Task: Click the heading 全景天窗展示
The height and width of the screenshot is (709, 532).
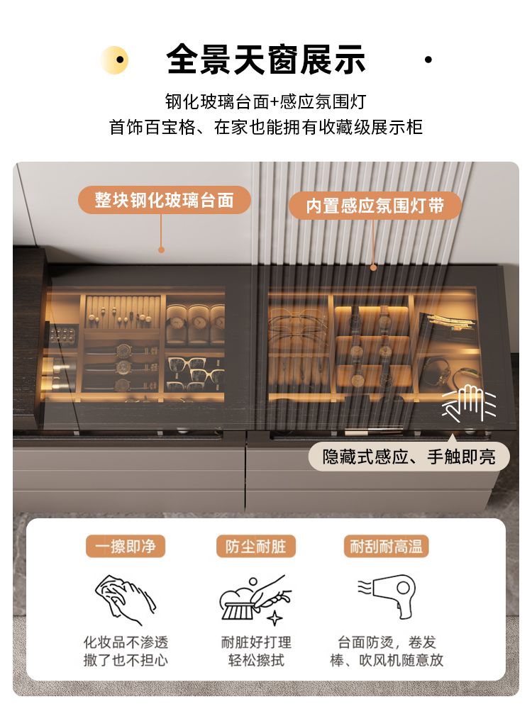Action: click(265, 60)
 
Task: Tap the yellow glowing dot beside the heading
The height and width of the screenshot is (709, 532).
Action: click(115, 60)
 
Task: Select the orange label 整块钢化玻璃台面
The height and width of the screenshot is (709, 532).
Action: click(165, 200)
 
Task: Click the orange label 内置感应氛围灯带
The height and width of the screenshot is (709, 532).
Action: click(375, 206)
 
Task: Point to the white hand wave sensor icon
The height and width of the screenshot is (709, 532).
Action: click(469, 403)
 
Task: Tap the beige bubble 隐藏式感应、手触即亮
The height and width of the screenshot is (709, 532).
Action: click(409, 457)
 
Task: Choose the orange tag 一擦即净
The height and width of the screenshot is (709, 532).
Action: click(126, 546)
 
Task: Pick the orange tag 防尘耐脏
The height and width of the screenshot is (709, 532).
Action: click(255, 546)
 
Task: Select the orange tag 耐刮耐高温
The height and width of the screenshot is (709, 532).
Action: click(386, 546)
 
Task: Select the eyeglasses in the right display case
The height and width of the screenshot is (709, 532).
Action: click(297, 325)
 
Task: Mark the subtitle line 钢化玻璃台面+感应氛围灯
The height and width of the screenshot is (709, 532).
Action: click(265, 101)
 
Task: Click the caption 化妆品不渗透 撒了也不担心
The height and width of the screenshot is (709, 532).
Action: click(126, 651)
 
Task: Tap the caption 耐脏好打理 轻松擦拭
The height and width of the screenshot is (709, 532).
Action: click(256, 651)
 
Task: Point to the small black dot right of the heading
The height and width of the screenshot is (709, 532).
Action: click(428, 60)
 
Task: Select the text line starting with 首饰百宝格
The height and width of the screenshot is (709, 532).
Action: click(265, 127)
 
